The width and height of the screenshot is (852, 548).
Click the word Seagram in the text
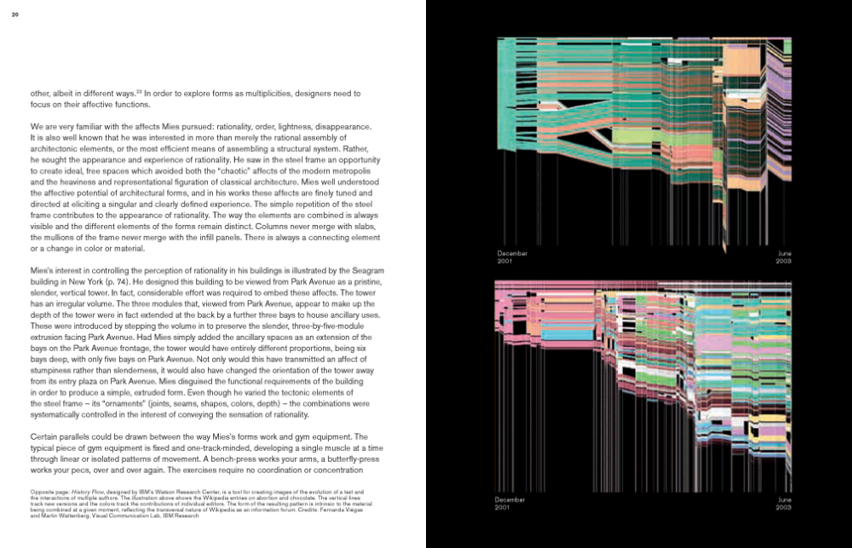[378, 269]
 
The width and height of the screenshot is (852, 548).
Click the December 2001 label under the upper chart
[513, 257]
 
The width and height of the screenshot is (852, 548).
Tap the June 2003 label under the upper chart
[783, 257]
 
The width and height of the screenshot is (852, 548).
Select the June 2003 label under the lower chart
[783, 503]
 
